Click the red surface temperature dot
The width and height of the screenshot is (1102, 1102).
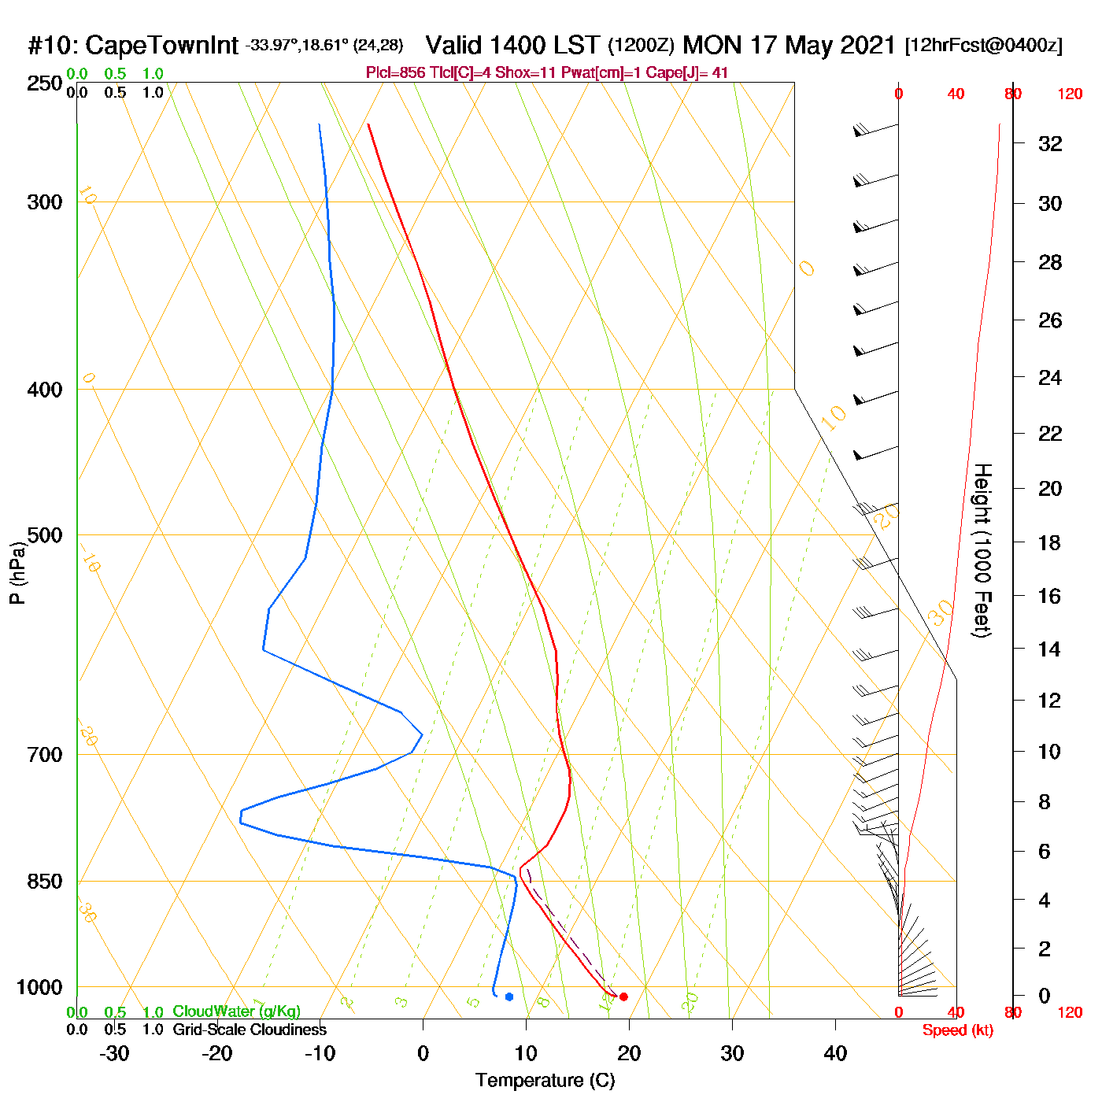[x=623, y=997]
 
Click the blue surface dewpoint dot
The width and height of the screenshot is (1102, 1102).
[x=509, y=997]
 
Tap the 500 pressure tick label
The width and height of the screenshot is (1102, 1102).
[x=45, y=535]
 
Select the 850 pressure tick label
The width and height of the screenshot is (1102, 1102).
[x=45, y=882]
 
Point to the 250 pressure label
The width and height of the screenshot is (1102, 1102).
[x=45, y=83]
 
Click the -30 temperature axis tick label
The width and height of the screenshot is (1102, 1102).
[x=114, y=1053]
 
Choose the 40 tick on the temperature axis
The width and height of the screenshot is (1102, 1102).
[x=835, y=1053]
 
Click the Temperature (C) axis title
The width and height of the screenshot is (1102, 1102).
[x=545, y=1081]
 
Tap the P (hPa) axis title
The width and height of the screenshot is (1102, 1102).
[x=17, y=572]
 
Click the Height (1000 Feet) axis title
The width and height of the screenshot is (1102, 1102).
[x=982, y=550]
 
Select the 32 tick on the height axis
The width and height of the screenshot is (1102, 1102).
[x=1050, y=144]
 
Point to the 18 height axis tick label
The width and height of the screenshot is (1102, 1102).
[x=1049, y=542]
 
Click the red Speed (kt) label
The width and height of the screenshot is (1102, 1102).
[x=958, y=1030]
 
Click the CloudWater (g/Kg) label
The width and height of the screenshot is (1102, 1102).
[x=236, y=1011]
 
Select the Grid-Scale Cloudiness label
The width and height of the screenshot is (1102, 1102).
[x=250, y=1030]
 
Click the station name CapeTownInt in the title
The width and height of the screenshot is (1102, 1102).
[x=161, y=46]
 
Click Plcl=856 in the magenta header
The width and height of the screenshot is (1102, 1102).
[x=396, y=73]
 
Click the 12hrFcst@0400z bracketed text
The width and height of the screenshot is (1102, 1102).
[x=984, y=45]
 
